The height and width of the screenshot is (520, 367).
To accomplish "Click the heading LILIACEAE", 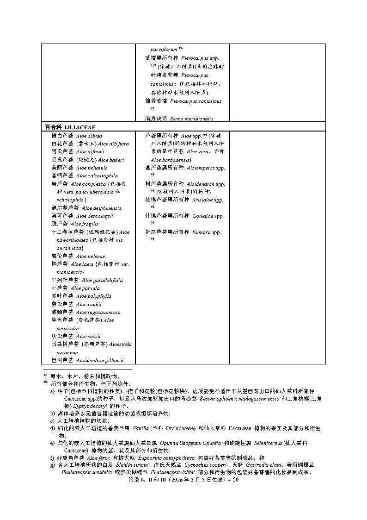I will [x=80, y=127].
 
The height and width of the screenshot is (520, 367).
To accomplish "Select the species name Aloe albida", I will [x=89, y=136].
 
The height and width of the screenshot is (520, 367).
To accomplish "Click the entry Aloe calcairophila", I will [x=97, y=175].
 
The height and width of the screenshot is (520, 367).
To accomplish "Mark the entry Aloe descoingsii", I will [x=94, y=216].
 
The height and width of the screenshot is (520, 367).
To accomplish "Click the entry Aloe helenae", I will [x=90, y=256].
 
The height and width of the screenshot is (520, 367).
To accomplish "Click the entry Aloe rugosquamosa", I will [x=98, y=312].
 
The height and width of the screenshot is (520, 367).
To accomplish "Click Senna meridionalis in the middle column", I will [x=191, y=119].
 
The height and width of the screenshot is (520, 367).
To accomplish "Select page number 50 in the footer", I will [x=235, y=480].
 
